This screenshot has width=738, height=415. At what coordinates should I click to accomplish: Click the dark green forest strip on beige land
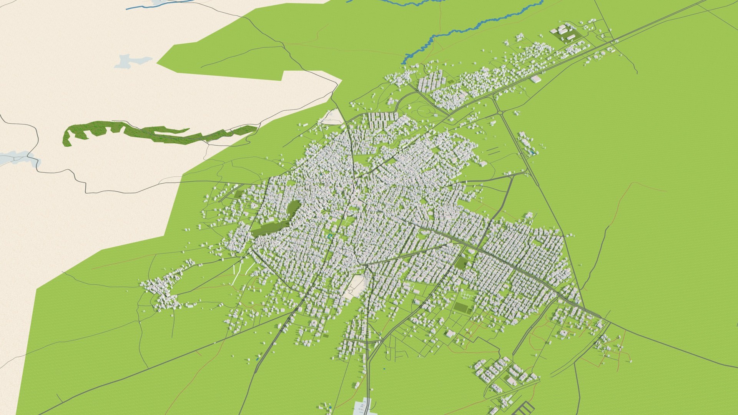(x=154, y=133)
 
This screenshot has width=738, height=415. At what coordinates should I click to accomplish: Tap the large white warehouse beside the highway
(x=536, y=79)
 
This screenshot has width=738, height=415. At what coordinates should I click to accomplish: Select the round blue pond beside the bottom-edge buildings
(x=330, y=407)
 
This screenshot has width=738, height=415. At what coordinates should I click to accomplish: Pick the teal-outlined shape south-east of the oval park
(x=329, y=236)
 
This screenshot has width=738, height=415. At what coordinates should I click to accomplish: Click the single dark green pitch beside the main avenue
(x=461, y=262)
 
